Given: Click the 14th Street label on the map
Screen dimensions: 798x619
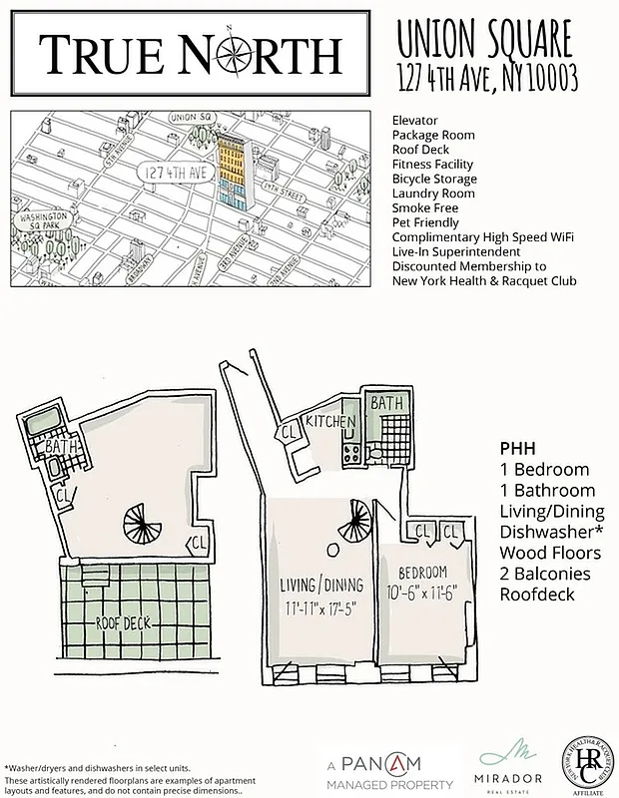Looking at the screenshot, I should click(x=284, y=188).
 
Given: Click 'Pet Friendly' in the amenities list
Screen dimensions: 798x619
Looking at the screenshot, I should click(x=426, y=222).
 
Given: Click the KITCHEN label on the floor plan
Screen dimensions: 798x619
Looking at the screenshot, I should click(x=331, y=422).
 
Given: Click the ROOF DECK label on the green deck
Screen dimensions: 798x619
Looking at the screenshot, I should click(x=123, y=621).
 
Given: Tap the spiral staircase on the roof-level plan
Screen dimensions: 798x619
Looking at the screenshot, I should click(x=139, y=522).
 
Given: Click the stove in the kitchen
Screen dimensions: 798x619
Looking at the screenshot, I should click(x=350, y=455).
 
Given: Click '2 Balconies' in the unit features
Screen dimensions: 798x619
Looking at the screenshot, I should click(x=545, y=574).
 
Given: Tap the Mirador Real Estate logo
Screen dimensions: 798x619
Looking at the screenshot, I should click(x=510, y=766).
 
